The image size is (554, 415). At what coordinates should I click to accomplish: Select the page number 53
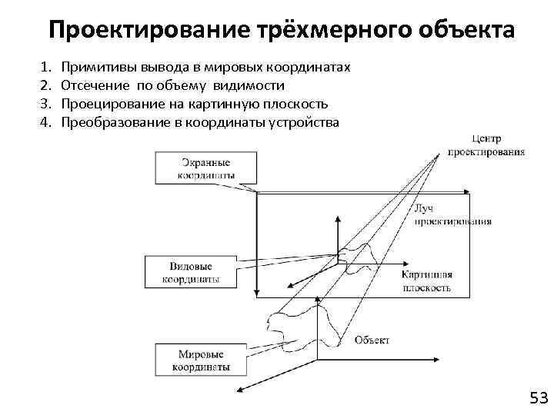coord(538,397)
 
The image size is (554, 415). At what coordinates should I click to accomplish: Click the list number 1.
coord(45,68)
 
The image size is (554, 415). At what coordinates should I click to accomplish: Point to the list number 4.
coord(45,122)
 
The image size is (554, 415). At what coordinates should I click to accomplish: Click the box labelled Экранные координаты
coord(205,168)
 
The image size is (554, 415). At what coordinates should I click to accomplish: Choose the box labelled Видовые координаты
coord(190,271)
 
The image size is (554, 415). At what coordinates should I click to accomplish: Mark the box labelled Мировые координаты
coord(201,360)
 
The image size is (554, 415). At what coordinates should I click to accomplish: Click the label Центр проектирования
coord(496,145)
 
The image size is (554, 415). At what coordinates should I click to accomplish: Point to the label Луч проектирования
coord(452,214)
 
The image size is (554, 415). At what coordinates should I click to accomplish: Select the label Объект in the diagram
coord(372,340)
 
